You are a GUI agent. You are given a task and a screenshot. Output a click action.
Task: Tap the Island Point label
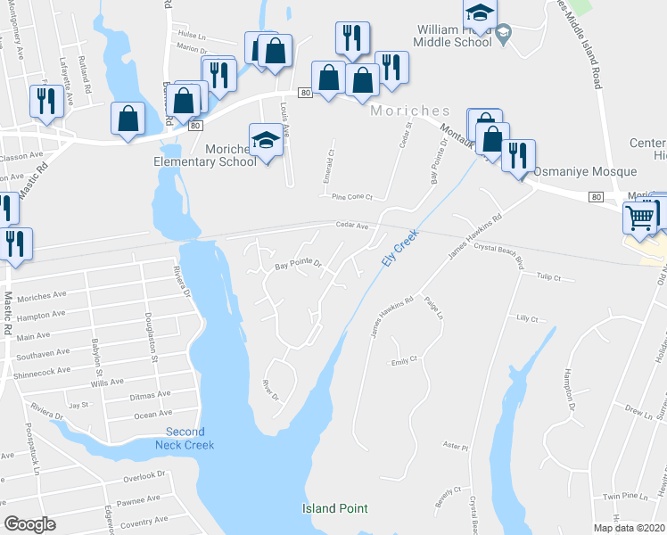pyautogui.click(x=334, y=508)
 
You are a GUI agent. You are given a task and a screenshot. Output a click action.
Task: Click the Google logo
pyautogui.click(x=29, y=524)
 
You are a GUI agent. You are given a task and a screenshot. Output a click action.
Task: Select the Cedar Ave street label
pyautogui.click(x=351, y=226)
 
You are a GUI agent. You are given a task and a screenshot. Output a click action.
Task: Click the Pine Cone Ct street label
pyautogui.click(x=350, y=197)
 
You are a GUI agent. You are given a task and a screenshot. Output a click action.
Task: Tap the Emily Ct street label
pyautogui.click(x=404, y=360)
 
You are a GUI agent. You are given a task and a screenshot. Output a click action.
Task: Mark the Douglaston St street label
pyautogui.click(x=152, y=343)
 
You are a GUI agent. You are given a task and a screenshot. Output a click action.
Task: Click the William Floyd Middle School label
pyautogui.click(x=454, y=35)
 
